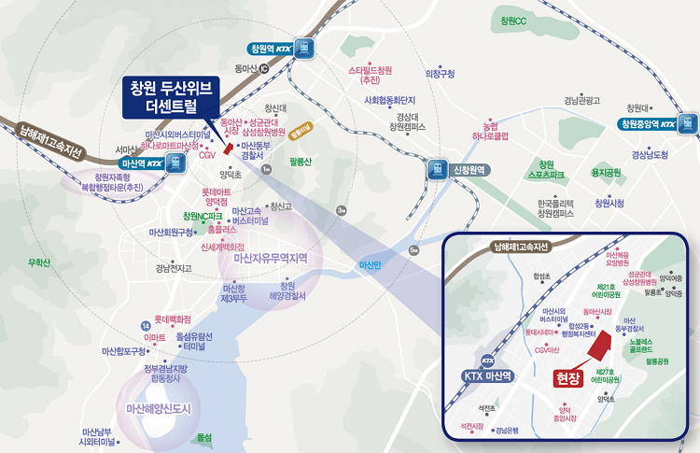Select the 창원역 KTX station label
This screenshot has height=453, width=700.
tap(272, 49)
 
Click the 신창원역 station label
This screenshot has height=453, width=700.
tap(471, 170)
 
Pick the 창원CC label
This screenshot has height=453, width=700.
tap(514, 21)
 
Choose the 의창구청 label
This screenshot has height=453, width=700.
tap(440, 74)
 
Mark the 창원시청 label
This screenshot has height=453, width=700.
tap(609, 203)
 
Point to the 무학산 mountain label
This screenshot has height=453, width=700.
tap(39, 262)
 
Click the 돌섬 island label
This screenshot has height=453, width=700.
tap(204, 436)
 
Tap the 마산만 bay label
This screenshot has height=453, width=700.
tap(371, 265)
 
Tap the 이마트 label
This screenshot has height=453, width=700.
tap(156, 336)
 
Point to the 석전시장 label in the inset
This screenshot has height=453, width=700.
tap(472, 426)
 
